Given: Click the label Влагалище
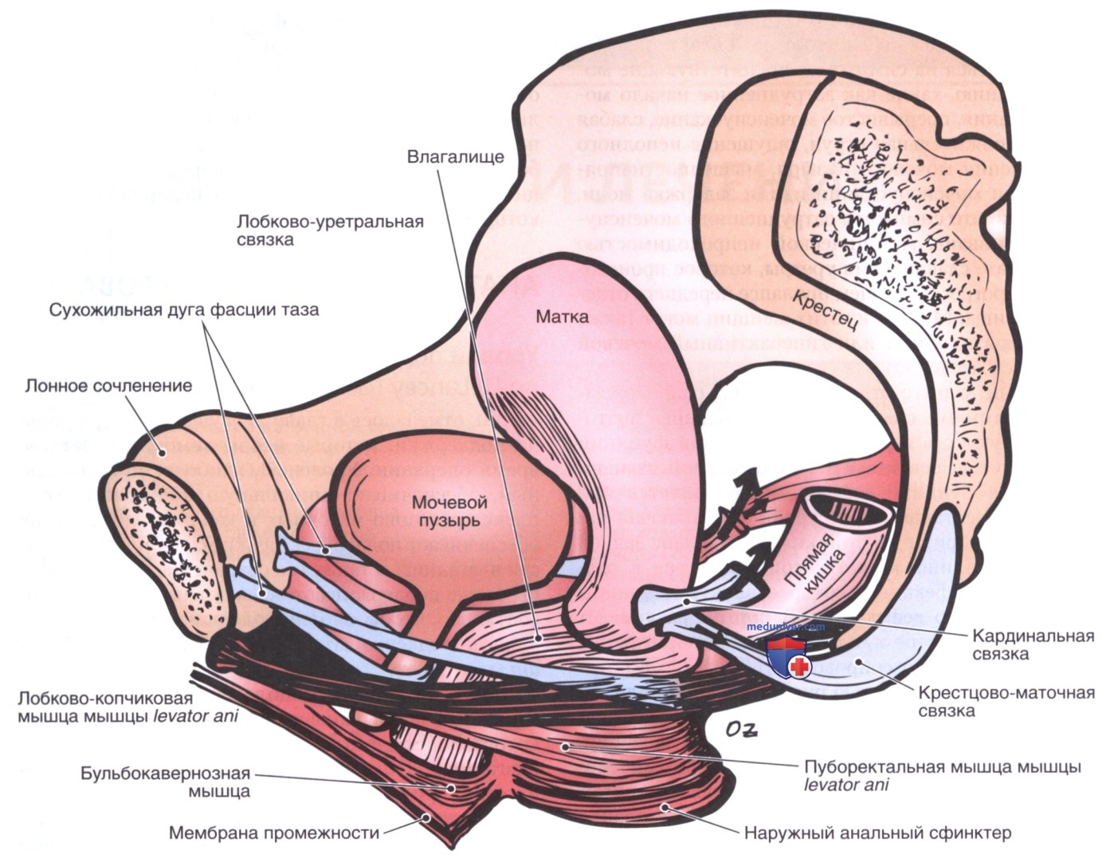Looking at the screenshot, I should [x=455, y=156].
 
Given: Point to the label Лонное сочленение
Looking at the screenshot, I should [x=108, y=386].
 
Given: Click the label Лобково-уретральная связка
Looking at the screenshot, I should [x=329, y=230].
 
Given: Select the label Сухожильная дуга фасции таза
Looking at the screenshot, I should [x=183, y=309].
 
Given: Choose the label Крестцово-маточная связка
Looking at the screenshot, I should [x=1006, y=702].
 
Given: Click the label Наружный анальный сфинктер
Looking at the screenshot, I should [x=877, y=834].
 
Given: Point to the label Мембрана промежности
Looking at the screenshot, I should [x=273, y=834].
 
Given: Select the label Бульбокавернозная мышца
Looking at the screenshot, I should [x=165, y=782].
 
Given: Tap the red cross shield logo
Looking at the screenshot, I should [x=788, y=659].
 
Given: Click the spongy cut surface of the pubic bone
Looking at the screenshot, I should [x=163, y=540].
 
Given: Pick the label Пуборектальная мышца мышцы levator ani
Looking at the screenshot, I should [x=939, y=775].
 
